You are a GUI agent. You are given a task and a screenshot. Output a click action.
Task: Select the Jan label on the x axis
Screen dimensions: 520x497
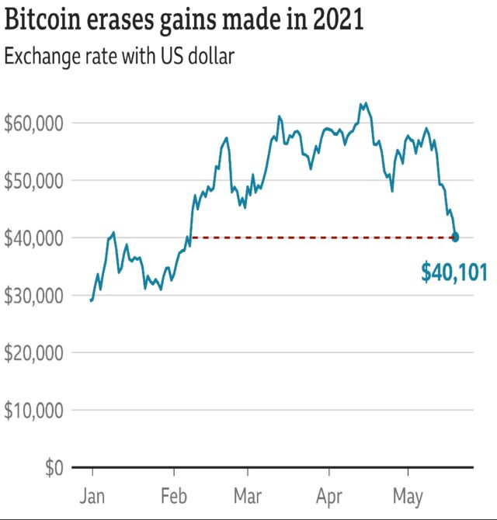pos(92,495)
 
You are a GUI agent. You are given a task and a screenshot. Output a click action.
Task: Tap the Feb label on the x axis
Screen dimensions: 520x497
pos(174,495)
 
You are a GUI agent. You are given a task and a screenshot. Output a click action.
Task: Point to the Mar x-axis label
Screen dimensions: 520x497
pos(248,495)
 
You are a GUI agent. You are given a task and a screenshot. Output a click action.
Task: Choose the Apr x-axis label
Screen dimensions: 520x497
pos(328,495)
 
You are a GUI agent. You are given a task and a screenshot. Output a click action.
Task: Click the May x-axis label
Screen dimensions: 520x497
pos(408,495)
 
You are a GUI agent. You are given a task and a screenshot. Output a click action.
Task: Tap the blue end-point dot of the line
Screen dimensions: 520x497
pos(455,237)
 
